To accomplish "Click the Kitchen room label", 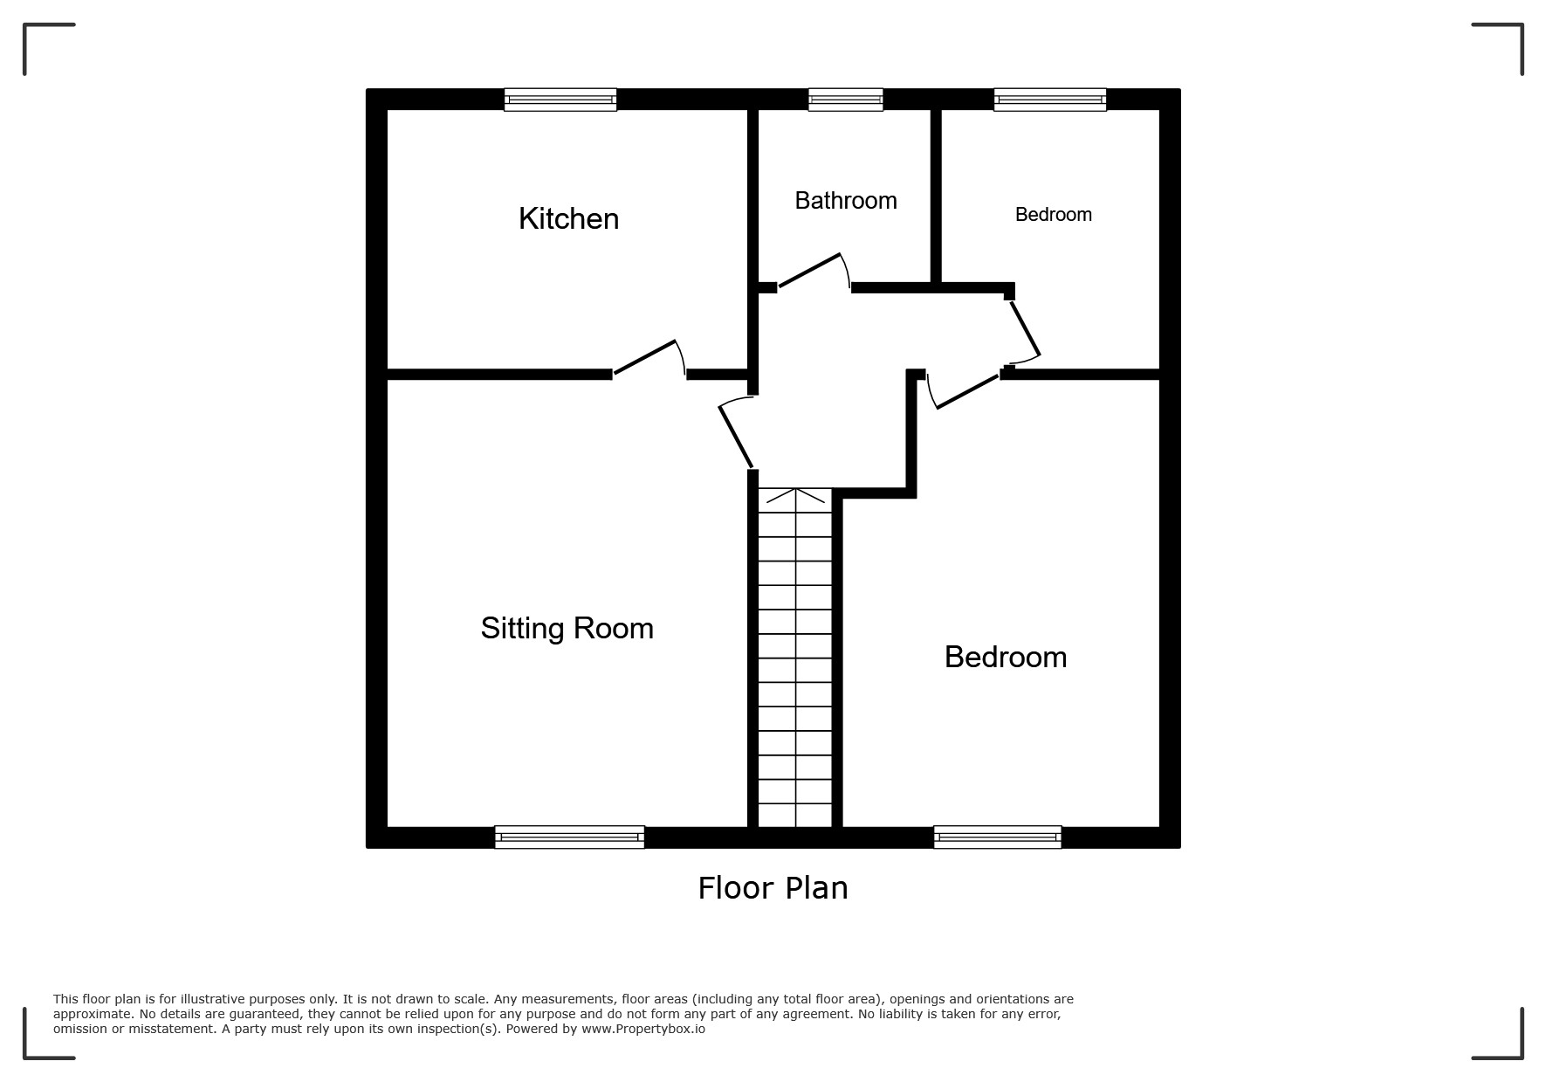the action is pyautogui.click(x=568, y=218).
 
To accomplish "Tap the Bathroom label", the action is pyautogui.click(x=846, y=201).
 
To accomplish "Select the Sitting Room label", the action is pyautogui.click(x=567, y=629).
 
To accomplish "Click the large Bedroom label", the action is pyautogui.click(x=1006, y=657).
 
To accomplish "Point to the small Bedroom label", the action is pyautogui.click(x=1054, y=215).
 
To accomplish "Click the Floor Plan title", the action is pyautogui.click(x=773, y=888).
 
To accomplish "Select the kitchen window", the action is pyautogui.click(x=560, y=100).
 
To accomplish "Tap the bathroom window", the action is pyautogui.click(x=846, y=100).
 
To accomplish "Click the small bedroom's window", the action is pyautogui.click(x=1050, y=100).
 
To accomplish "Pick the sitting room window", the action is pyautogui.click(x=569, y=837).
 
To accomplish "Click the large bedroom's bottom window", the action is pyautogui.click(x=998, y=837).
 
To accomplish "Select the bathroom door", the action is pyautogui.click(x=811, y=270).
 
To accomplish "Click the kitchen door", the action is pyautogui.click(x=647, y=357).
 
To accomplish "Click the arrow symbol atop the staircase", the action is pyautogui.click(x=795, y=496).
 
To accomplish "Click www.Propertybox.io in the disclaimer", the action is pyautogui.click(x=643, y=1029).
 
